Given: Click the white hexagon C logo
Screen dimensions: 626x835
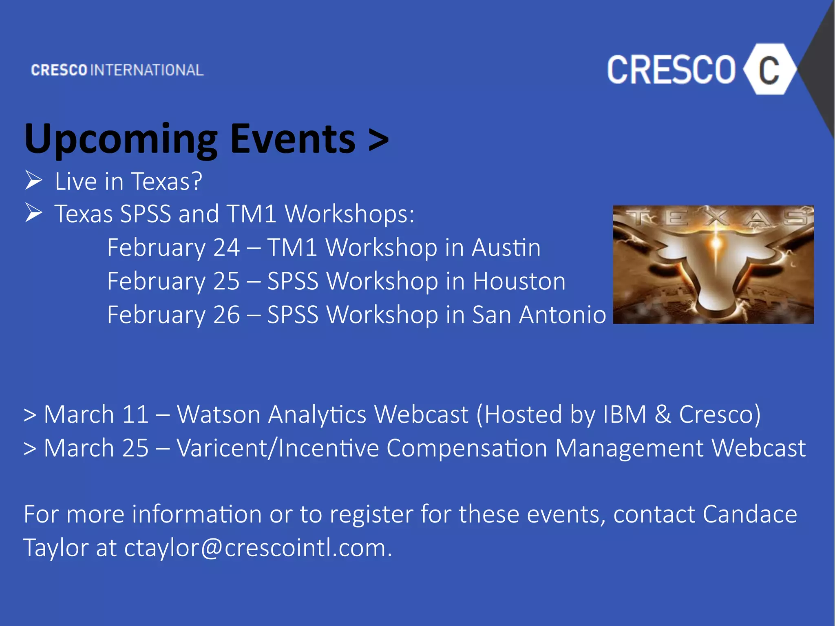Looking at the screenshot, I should pos(769,70).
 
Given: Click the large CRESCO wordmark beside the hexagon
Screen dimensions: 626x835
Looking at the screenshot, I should pos(671,70).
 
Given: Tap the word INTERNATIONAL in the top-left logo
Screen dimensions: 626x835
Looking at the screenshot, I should pos(147,70).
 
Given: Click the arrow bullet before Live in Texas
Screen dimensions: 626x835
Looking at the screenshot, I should pos(33,180).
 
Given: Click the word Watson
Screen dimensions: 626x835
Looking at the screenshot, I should pos(219,414).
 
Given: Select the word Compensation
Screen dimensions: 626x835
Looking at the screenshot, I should pos(467,448).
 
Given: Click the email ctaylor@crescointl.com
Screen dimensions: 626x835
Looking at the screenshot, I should pos(258,548).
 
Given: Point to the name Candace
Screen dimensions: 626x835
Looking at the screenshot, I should pos(750,514).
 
